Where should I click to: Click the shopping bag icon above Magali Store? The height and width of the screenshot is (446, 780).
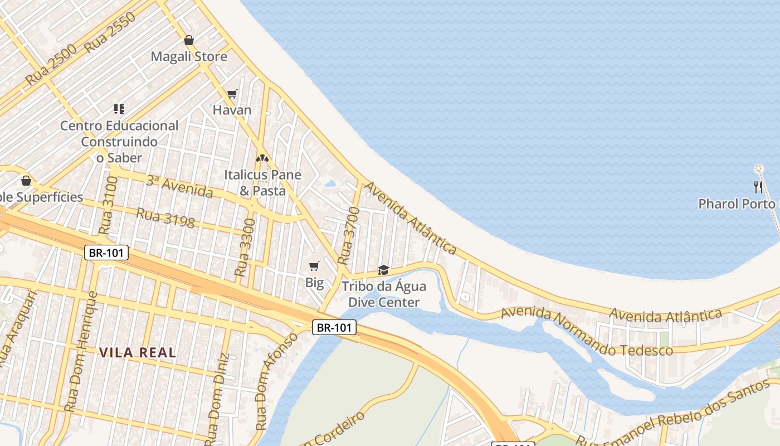pyautogui.click(x=189, y=41)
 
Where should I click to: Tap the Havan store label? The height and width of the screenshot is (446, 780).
pyautogui.click(x=232, y=110)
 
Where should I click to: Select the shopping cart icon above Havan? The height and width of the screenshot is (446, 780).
pyautogui.click(x=232, y=94)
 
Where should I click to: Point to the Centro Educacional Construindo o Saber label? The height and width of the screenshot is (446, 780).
pyautogui.click(x=119, y=142)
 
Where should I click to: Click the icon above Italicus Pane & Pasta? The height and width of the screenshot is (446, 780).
pyautogui.click(x=262, y=158)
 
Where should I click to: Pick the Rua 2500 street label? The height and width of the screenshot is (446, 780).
pyautogui.click(x=51, y=66)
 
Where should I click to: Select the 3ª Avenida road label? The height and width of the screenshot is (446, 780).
pyautogui.click(x=179, y=187)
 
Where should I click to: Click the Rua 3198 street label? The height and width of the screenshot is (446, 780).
pyautogui.click(x=165, y=218)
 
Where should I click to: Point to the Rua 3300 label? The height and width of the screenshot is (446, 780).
pyautogui.click(x=245, y=248)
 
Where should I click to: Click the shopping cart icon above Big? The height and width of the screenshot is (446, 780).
pyautogui.click(x=314, y=266)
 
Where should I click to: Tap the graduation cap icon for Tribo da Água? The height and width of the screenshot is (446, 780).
pyautogui.click(x=383, y=270)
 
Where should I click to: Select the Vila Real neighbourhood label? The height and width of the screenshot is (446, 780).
pyautogui.click(x=138, y=352)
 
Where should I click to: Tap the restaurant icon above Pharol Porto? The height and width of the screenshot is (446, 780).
pyautogui.click(x=758, y=187)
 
